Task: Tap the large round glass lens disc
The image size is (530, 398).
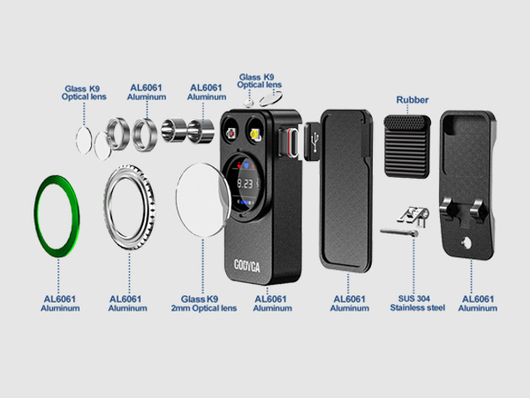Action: coord(203,200)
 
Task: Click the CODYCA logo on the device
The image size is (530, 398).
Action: coord(247,265)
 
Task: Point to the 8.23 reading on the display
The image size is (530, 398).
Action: coord(245,184)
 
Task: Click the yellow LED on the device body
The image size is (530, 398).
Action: coord(256,134)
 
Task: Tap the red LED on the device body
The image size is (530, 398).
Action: coord(231,134)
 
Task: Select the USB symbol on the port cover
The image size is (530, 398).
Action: coord(315,142)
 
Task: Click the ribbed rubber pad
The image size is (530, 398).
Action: coord(407,146)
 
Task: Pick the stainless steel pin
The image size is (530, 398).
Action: coord(399,233)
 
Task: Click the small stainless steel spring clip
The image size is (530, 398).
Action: coord(413,216)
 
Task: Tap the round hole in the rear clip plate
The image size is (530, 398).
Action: coord(466,242)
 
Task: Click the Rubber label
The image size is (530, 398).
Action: coord(413,100)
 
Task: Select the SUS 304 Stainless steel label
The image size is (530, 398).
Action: coord(417,303)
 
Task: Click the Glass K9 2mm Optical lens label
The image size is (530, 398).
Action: coord(203,303)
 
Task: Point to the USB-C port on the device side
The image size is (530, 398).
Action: coord(292,142)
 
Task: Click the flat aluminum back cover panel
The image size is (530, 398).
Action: coord(345,190)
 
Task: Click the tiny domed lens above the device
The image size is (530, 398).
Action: coord(249,103)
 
